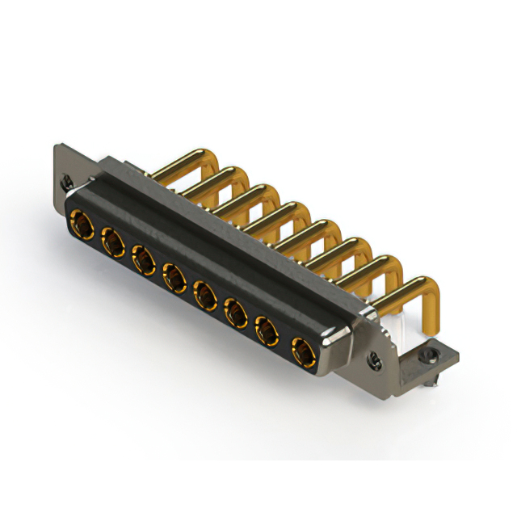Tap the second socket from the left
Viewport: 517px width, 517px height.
tap(111, 240)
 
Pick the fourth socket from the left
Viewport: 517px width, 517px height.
tap(174, 277)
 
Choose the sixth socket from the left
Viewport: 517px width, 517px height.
tap(235, 313)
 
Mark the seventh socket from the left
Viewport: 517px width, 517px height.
tap(267, 330)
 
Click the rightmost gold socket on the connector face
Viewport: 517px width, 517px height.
tap(301, 351)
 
